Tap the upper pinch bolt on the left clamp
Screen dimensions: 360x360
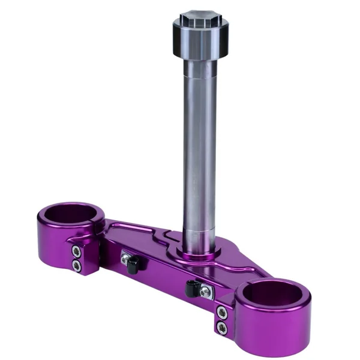click(x=76, y=251)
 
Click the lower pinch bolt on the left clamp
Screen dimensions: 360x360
click(x=76, y=264)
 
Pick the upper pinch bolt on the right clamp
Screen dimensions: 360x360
click(x=221, y=313)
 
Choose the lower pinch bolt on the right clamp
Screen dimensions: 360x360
click(x=221, y=326)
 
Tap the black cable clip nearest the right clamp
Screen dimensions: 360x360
click(x=193, y=290)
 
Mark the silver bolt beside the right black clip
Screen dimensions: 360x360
click(x=205, y=292)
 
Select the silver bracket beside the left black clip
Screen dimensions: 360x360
click(x=125, y=259)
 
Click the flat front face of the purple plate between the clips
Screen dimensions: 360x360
click(x=162, y=273)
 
